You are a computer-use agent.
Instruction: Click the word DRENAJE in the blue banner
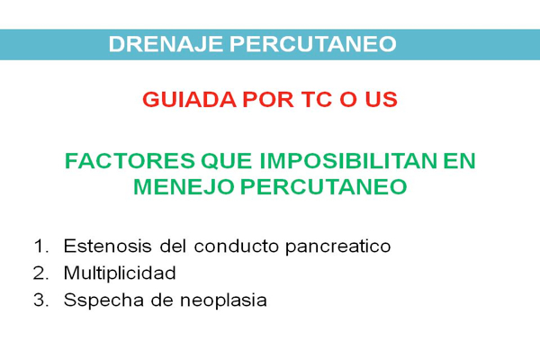tap(166, 44)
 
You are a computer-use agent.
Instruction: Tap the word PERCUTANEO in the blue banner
tap(313, 44)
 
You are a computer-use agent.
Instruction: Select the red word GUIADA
tap(189, 99)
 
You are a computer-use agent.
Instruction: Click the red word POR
tap(268, 99)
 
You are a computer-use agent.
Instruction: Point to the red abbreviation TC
tap(317, 99)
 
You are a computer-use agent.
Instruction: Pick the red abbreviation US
tap(382, 99)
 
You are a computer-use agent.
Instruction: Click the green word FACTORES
tap(130, 161)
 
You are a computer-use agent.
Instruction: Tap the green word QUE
tap(227, 161)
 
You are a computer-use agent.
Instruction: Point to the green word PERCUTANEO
tap(324, 187)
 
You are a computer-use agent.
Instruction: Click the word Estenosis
tap(108, 246)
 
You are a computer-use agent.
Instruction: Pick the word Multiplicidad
tap(120, 274)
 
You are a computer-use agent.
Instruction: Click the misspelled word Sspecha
tap(103, 301)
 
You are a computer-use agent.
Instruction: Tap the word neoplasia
tap(223, 301)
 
